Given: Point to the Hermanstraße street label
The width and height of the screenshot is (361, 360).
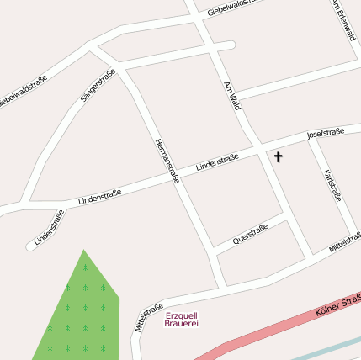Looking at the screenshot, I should click(167, 161).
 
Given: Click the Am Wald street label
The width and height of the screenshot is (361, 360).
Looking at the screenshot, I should click(233, 96).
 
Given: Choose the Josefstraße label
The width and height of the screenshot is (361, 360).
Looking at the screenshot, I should click(326, 133).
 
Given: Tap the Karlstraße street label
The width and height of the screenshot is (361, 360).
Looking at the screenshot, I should click(332, 184).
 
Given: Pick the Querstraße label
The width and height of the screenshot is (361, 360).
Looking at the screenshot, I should click(250, 233).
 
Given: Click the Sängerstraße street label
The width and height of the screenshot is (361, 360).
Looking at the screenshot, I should click(98, 87).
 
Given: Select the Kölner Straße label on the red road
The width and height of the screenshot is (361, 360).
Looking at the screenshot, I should click(337, 304).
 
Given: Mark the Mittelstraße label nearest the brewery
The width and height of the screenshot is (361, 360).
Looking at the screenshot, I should click(147, 319).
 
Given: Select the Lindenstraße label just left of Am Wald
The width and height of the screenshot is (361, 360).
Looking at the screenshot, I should click(217, 161).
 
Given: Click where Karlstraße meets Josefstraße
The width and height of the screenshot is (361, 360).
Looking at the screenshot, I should click(312, 137).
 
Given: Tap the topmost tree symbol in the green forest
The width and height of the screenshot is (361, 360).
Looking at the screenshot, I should click(84, 267).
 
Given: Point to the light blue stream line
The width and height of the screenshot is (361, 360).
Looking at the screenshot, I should click(320, 352).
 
